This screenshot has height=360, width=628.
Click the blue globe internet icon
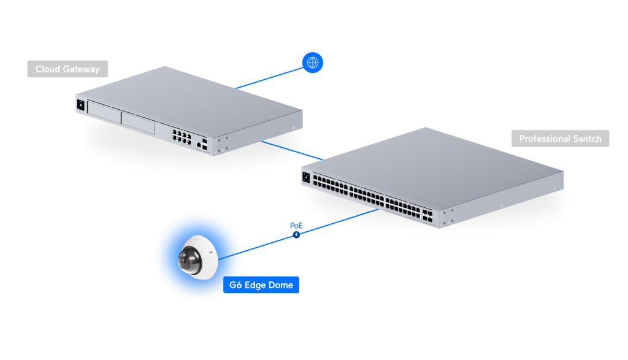[x=313, y=63]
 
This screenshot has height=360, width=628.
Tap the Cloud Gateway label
[x=67, y=69]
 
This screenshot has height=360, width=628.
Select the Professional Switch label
[x=560, y=139]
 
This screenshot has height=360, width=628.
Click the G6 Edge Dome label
[x=261, y=285]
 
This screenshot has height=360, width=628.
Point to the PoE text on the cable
[x=297, y=226]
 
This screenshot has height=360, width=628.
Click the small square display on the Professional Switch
[x=306, y=177]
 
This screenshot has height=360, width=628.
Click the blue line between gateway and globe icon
[x=270, y=77]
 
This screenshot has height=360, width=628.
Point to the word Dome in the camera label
[x=280, y=285]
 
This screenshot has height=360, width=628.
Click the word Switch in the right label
[x=587, y=139]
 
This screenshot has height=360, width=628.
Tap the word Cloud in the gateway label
[x=47, y=69]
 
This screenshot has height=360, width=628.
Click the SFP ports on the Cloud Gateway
[x=204, y=144]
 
